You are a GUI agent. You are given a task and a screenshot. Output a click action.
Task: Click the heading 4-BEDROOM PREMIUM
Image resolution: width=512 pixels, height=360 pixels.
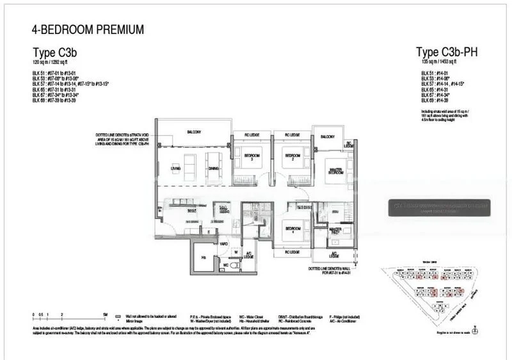pos(87,29)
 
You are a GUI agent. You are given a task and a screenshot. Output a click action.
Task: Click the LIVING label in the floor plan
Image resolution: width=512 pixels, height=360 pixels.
pos(175,168)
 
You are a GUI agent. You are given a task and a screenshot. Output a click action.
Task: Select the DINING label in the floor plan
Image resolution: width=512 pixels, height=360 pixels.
pos(212,168)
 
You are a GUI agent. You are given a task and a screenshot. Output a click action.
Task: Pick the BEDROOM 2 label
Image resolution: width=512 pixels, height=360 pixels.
pos(292,157)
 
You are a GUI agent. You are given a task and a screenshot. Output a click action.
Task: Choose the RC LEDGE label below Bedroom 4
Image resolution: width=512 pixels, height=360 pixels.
pos(292,252)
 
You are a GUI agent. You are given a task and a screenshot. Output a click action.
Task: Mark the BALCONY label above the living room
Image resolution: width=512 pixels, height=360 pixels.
pos(195,132)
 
